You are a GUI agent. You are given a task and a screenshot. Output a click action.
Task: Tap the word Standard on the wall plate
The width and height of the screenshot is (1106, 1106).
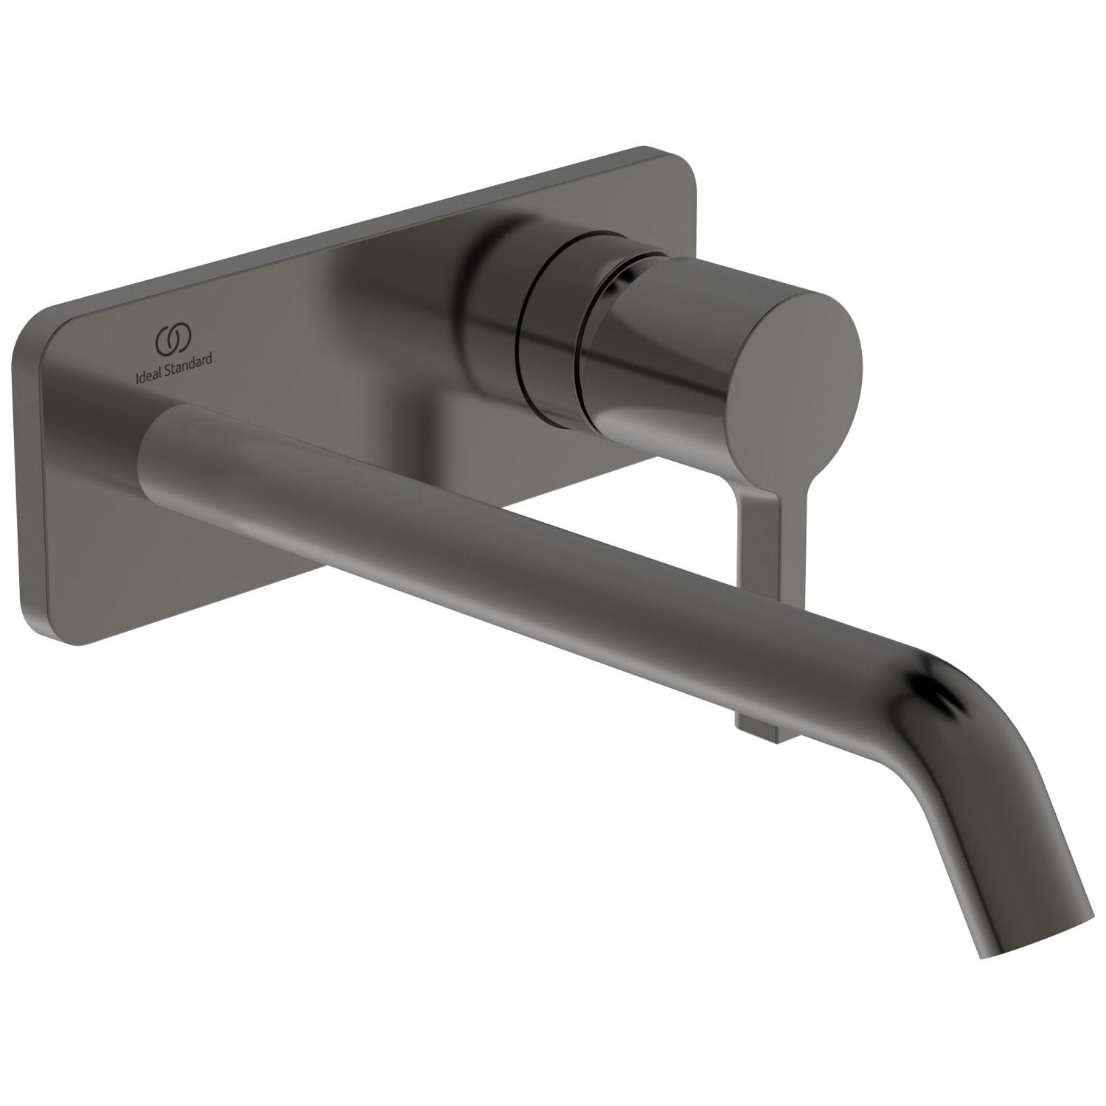(x=189, y=358)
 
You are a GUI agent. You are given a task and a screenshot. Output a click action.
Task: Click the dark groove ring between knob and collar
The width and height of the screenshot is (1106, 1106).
(x=549, y=332)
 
